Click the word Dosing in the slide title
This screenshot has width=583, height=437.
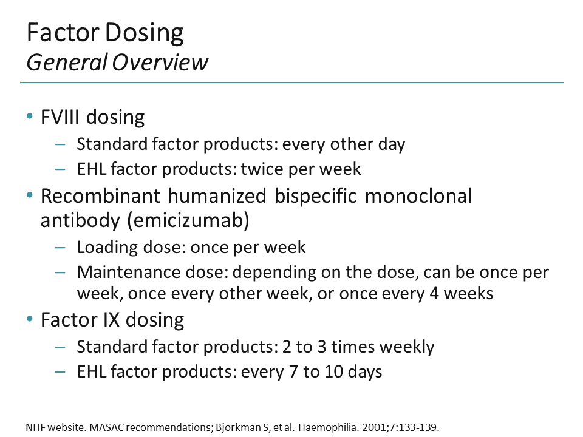[145, 33]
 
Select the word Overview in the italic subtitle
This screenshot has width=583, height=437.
[160, 62]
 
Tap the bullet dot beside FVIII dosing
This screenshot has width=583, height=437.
[30, 117]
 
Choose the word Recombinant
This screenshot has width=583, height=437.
[100, 196]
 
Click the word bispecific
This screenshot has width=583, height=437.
[316, 197]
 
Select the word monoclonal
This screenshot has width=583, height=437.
[418, 196]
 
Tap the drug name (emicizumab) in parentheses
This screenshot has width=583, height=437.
[188, 220]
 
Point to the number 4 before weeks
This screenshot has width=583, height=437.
[434, 294]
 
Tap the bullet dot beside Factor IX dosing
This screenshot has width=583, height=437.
[30, 319]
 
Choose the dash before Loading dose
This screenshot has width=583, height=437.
[60, 248]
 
